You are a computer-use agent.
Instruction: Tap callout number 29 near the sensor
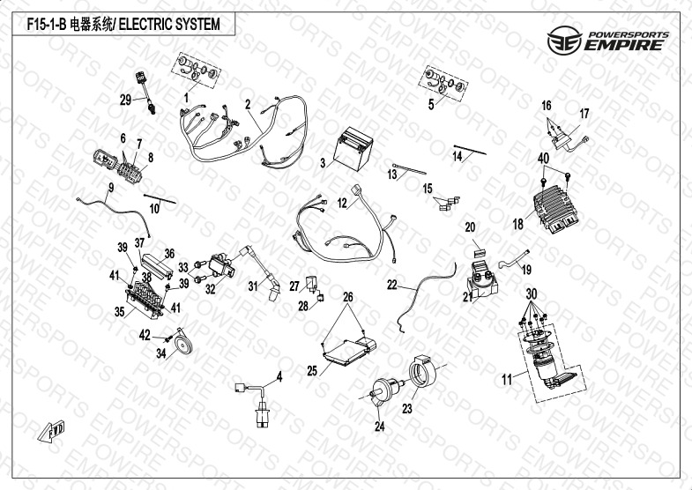click(x=125, y=99)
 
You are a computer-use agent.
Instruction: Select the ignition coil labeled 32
click(x=225, y=262)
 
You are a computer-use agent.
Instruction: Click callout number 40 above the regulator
click(x=543, y=158)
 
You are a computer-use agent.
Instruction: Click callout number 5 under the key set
click(x=430, y=104)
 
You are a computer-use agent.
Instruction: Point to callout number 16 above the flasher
click(x=547, y=105)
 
